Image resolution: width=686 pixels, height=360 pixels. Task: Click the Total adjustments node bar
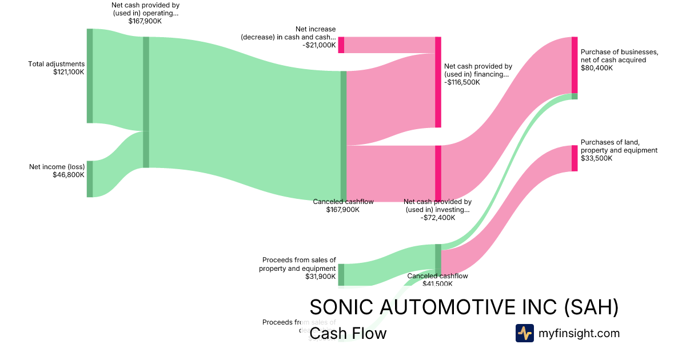pyautogui.click(x=89, y=75)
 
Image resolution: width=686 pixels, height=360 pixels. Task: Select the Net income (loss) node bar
pyautogui.click(x=89, y=179)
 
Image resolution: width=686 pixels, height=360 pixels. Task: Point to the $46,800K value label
pyautogui.click(x=69, y=175)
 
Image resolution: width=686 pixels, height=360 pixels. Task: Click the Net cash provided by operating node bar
pyautogui.click(x=146, y=102)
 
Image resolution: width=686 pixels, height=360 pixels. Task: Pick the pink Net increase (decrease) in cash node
pyautogui.click(x=341, y=45)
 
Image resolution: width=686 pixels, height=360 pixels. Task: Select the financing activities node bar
pyautogui.click(x=438, y=82)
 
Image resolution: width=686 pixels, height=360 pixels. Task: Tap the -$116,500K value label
pyautogui.click(x=462, y=82)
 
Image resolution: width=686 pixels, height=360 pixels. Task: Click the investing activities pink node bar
pyautogui.click(x=438, y=173)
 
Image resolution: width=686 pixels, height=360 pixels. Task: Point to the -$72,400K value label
pyautogui.click(x=438, y=218)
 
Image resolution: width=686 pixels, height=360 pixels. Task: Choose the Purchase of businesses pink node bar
pyautogui.click(x=574, y=65)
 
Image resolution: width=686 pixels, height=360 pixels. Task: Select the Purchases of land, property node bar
pyautogui.click(x=574, y=158)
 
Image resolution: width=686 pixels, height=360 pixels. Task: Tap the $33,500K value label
pyautogui.click(x=596, y=159)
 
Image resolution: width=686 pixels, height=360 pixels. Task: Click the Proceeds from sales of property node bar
pyautogui.click(x=341, y=274)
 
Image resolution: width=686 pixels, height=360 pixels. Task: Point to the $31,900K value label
pyautogui.click(x=320, y=277)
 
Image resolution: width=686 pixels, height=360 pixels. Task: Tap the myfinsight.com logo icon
pyautogui.click(x=524, y=333)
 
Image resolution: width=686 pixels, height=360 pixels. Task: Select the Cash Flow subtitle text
pyautogui.click(x=348, y=333)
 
